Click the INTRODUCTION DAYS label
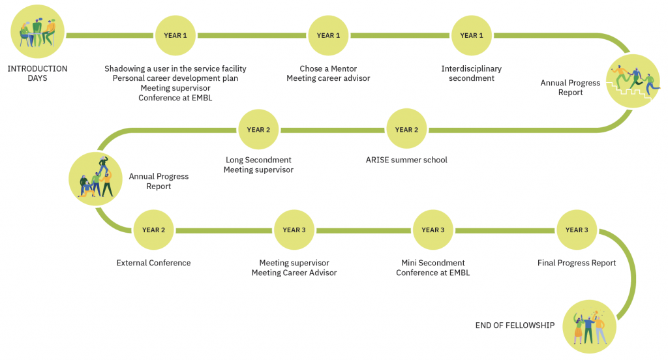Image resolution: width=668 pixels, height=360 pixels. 37,73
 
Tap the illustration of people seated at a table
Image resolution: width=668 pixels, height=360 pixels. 37,31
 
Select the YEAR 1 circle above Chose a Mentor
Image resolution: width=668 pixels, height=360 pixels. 328,35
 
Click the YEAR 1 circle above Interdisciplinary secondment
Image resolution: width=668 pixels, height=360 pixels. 472,35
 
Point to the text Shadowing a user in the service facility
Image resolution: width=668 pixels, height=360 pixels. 175,68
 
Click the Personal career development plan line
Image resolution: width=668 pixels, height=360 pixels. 175,78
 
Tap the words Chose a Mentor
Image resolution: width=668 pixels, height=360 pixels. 328,68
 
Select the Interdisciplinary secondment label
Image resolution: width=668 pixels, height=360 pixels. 472,73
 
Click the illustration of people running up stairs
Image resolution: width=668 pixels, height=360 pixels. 633,81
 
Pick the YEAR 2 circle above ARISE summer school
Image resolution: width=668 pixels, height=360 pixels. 406,130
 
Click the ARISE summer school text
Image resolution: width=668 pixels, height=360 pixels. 406,160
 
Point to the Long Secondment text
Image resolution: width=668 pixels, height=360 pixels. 258,160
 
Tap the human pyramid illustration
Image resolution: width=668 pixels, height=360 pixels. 95,179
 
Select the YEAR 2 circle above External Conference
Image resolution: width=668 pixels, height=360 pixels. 153,230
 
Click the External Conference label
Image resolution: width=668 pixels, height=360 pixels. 153,263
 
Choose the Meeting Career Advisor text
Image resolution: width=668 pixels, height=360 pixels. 294,273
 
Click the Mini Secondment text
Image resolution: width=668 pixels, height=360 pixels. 433,263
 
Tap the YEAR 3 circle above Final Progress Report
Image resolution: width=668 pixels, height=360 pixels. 577,230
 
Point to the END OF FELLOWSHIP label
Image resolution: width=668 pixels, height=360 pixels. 515,325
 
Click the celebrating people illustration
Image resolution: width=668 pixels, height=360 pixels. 590,327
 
